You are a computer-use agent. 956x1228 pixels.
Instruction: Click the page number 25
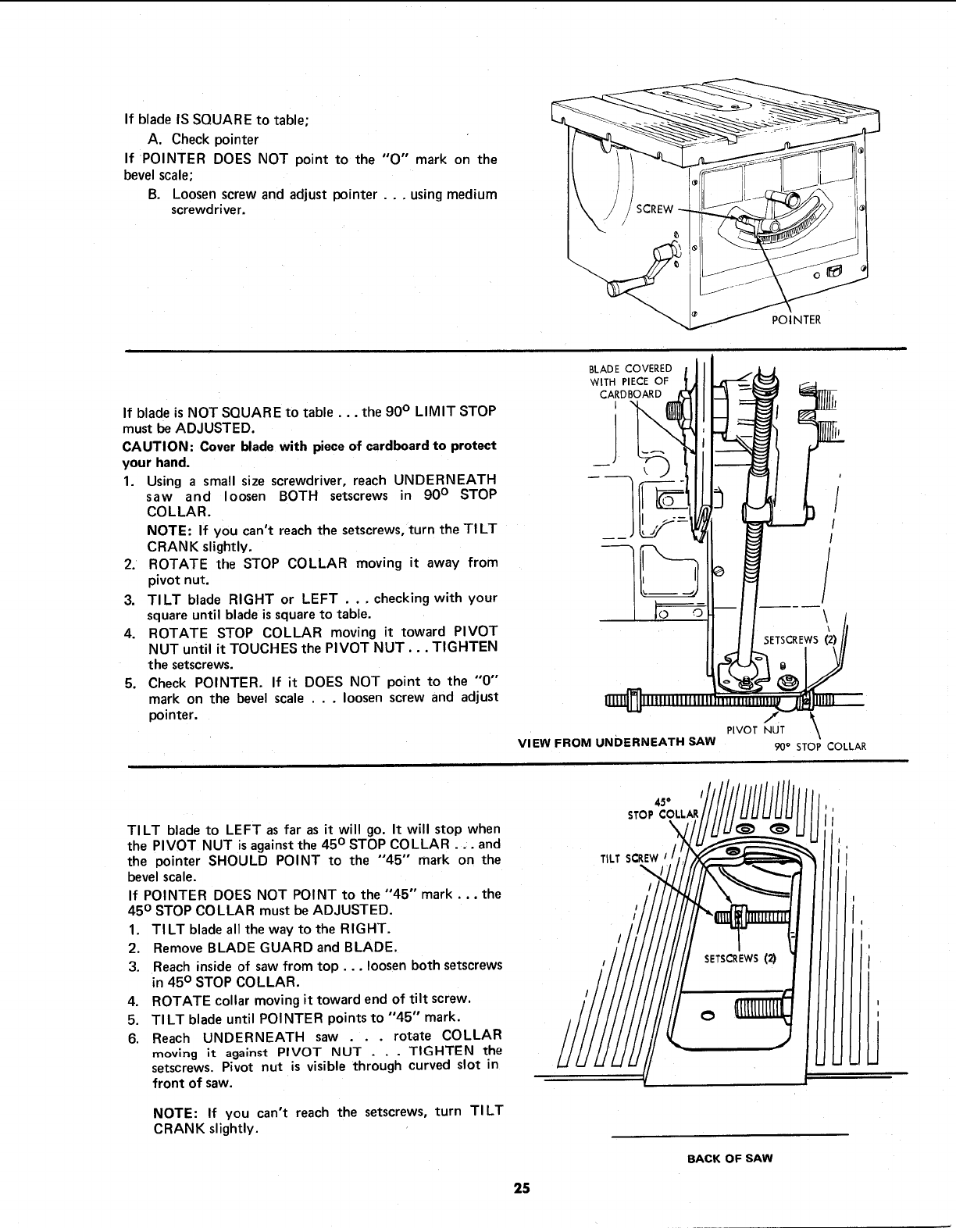[x=522, y=1190]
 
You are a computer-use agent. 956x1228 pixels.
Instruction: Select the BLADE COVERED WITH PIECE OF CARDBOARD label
[x=630, y=380]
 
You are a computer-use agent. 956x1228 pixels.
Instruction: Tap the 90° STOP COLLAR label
[x=820, y=746]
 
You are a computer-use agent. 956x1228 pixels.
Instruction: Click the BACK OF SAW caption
[x=729, y=1158]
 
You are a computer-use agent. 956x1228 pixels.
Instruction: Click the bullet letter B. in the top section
[x=154, y=194]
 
